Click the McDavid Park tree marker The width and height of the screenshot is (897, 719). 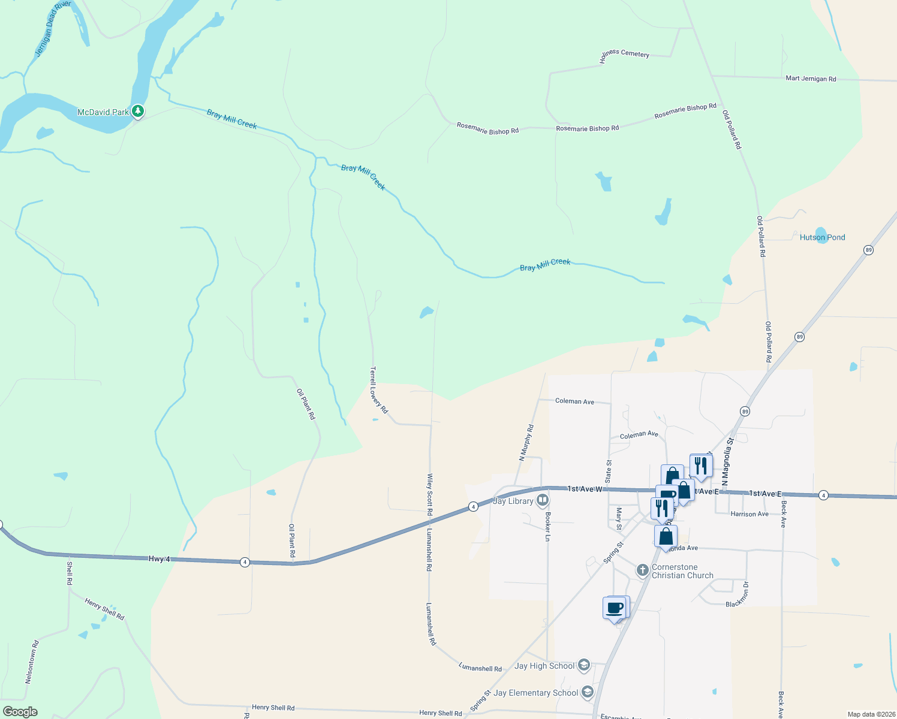[138, 111]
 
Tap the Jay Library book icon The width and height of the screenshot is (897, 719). [543, 499]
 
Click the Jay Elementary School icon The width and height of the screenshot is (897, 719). [588, 692]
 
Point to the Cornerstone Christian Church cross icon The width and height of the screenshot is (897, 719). [642, 570]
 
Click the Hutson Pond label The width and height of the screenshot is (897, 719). [822, 237]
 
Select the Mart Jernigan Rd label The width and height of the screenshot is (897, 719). [811, 78]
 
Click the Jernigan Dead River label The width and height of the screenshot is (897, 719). [52, 28]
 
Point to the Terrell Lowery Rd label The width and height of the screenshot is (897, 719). [379, 390]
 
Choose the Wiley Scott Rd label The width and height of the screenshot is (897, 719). [429, 494]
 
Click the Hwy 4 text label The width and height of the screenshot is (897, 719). [159, 559]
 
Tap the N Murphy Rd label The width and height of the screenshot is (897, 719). [526, 443]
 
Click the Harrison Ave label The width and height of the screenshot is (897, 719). [749, 514]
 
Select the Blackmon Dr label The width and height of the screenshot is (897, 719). [738, 595]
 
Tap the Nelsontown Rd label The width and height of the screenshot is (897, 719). [32, 662]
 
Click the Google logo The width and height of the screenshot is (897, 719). [20, 712]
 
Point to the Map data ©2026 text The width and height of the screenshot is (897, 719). [869, 714]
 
